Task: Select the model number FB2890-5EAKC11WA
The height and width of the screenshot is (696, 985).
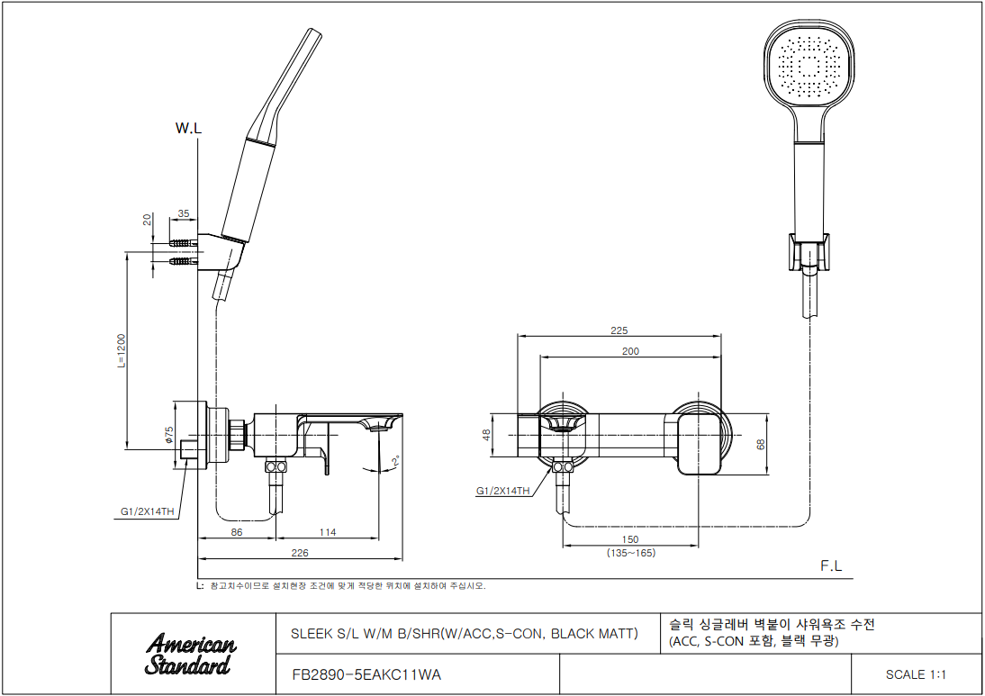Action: [x=366, y=674]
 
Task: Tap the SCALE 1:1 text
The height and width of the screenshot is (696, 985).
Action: [x=916, y=674]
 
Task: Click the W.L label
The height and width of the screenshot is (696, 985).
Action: [x=188, y=129]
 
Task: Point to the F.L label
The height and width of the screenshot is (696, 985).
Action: [x=831, y=565]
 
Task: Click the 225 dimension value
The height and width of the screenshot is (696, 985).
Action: [x=619, y=330]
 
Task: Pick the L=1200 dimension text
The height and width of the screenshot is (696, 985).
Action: [x=122, y=351]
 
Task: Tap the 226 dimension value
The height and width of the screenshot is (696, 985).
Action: [x=300, y=553]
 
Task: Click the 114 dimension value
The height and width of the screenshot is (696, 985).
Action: [x=327, y=533]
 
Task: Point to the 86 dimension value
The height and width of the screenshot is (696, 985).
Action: [x=237, y=533]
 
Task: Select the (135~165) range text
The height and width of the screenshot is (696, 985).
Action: [x=630, y=553]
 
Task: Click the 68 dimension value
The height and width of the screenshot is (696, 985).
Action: [x=761, y=444]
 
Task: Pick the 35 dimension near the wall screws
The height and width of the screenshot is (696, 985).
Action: [x=184, y=214]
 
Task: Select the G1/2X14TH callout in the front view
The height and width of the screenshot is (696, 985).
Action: [x=502, y=491]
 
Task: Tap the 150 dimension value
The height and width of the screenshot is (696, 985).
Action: [x=630, y=539]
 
